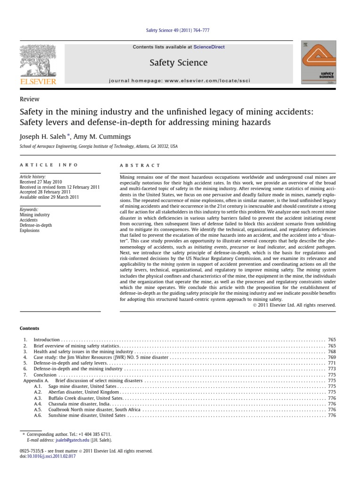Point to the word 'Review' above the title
[x=29, y=99]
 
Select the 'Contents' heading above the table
[x=30, y=328]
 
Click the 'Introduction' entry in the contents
[x=47, y=340]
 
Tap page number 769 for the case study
[x=331, y=358]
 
